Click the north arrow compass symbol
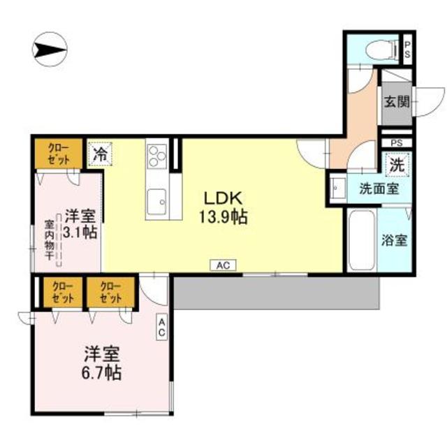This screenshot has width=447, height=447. [50, 50]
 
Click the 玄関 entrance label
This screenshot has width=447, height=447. [396, 101]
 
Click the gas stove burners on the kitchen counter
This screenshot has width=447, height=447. [156, 154]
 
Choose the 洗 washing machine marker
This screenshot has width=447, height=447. [397, 166]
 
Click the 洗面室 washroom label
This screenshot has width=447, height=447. [379, 189]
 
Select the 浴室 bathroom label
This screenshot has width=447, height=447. [395, 240]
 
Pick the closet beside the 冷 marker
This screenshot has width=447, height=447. [58, 154]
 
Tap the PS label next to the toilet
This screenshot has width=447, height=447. [406, 48]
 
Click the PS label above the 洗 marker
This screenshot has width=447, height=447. [396, 143]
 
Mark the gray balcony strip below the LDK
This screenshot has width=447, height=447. [276, 292]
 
